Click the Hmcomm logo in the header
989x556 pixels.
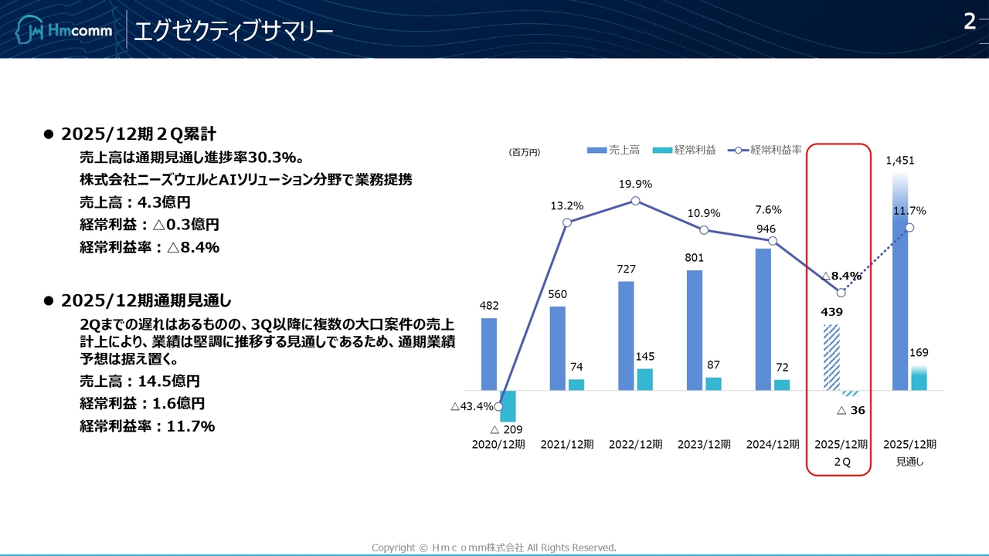[x=65, y=31]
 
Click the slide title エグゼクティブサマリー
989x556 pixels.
[x=233, y=31]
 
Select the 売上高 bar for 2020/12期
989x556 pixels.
[x=489, y=354]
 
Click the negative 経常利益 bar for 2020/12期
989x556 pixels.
[x=508, y=405]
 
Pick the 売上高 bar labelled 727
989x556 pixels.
[x=626, y=335]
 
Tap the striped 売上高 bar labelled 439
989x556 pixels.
[x=831, y=357]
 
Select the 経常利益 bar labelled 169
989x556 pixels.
[x=919, y=378]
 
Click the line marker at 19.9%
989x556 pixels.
[x=635, y=201]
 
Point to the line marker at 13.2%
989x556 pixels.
[x=567, y=222]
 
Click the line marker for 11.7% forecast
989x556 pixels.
[x=910, y=227]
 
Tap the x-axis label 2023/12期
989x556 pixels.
[x=704, y=445]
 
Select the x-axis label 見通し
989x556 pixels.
[x=910, y=462]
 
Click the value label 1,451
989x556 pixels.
[x=900, y=161]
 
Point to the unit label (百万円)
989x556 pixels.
[x=525, y=153]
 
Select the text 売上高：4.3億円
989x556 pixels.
[x=135, y=202]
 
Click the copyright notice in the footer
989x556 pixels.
[x=494, y=548]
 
